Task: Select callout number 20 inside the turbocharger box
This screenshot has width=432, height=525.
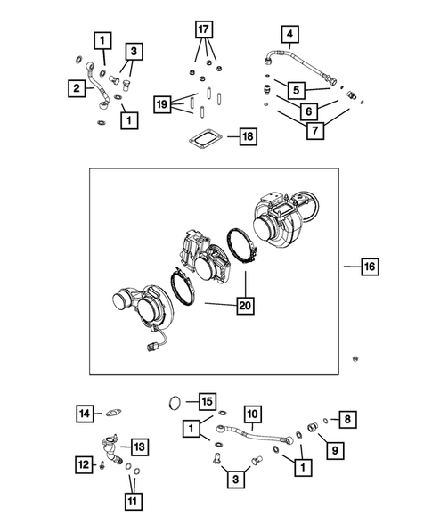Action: point(242,305)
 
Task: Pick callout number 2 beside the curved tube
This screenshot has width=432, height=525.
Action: point(77,87)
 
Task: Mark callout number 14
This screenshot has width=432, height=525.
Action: point(85,413)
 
